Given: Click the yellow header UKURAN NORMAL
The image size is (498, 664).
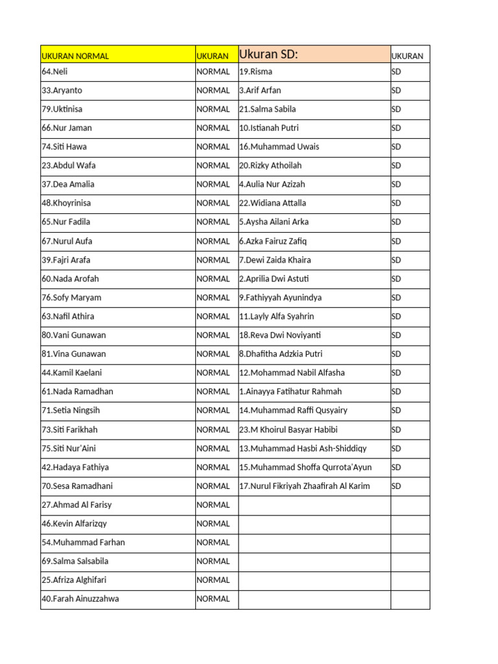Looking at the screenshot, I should (75, 56).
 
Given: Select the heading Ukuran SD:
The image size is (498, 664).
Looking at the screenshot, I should (268, 54).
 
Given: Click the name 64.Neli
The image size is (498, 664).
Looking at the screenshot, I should (54, 71).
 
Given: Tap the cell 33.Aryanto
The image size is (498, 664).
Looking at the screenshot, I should (62, 90).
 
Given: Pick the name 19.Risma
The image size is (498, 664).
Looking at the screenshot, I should (255, 71).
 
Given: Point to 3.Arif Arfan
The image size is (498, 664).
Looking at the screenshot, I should (260, 90).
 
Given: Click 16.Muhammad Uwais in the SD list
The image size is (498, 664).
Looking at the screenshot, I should (279, 147).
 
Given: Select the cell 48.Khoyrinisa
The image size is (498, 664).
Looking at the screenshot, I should (66, 203).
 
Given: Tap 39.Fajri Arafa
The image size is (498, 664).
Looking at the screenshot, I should (66, 260).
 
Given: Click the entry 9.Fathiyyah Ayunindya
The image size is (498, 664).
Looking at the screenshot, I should (280, 298).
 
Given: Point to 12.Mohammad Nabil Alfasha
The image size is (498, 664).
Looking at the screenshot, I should (292, 373).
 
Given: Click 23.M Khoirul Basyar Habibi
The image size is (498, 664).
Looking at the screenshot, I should (289, 429).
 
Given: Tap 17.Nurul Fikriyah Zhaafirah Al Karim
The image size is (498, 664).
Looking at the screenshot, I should (305, 486).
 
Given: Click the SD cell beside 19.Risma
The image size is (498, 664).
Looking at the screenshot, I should (397, 71).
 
